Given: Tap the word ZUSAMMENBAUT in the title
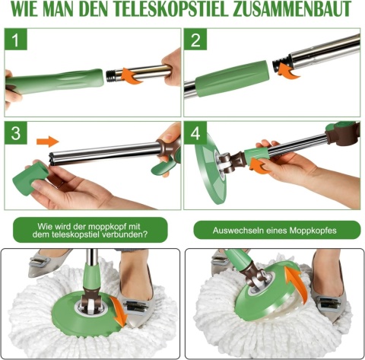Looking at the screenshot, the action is tap(292, 9).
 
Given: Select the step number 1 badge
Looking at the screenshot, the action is tap(16, 40).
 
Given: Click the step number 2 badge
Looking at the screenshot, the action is tap(195, 40).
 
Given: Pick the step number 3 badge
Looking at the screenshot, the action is tap(16, 133).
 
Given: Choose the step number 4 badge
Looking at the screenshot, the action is tap(195, 133).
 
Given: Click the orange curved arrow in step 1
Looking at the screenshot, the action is tap(132, 75).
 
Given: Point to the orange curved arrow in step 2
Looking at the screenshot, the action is tap(288, 70).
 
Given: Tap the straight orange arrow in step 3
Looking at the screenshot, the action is tap(48, 142).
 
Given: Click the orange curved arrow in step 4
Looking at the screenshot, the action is tap(259, 165).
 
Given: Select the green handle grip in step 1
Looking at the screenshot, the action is tap(55, 81).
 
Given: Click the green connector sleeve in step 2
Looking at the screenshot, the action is tap(231, 78).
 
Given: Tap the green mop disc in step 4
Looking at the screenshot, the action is tap(211, 168).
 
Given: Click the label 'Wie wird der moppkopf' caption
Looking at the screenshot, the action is tap(90, 230).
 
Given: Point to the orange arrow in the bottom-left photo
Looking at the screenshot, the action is tap(119, 311).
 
